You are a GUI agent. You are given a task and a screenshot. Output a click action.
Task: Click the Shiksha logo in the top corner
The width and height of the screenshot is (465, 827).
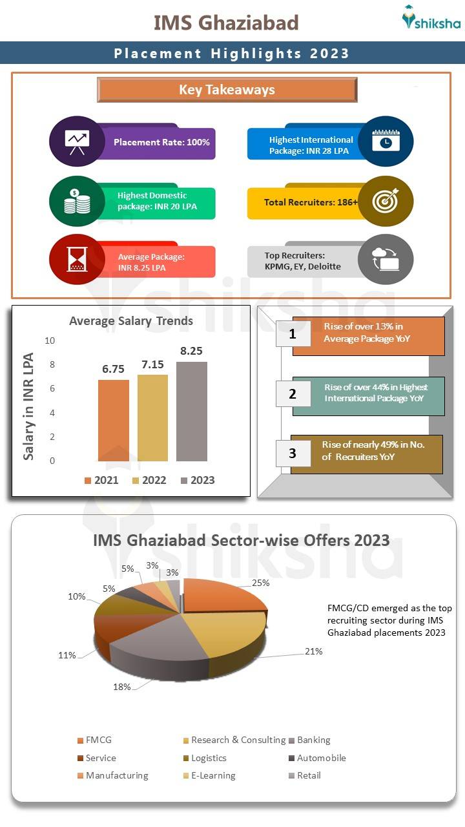(431, 19)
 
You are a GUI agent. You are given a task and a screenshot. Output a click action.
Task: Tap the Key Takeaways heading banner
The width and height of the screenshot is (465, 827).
(227, 90)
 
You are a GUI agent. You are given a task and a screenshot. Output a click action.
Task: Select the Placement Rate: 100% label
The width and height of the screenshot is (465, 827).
(161, 142)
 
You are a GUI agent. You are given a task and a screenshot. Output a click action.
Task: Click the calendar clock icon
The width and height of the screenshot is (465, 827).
(386, 141)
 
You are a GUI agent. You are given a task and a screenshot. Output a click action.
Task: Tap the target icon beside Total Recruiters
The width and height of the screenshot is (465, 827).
(386, 202)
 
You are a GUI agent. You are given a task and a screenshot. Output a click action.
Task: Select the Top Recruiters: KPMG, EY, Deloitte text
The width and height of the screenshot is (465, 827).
(302, 261)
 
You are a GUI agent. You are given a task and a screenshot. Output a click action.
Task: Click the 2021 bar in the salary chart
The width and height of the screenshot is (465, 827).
(114, 420)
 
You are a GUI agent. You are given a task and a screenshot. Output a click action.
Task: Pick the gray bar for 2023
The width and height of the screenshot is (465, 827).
(192, 411)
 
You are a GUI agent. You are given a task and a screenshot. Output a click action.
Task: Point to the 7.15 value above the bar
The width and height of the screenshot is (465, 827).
(153, 365)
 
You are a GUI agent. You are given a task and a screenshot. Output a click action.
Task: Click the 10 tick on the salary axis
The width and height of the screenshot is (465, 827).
(50, 340)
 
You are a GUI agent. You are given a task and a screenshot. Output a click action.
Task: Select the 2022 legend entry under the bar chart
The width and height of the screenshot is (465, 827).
(149, 480)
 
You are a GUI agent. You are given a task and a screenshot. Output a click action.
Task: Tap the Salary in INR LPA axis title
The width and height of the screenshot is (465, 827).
(28, 406)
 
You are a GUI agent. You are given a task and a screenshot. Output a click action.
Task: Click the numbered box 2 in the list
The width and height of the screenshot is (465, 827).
(293, 393)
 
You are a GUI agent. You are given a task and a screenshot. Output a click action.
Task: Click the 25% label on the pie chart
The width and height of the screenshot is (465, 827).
(261, 583)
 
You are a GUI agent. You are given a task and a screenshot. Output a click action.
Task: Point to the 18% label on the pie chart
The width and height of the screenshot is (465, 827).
(122, 687)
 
